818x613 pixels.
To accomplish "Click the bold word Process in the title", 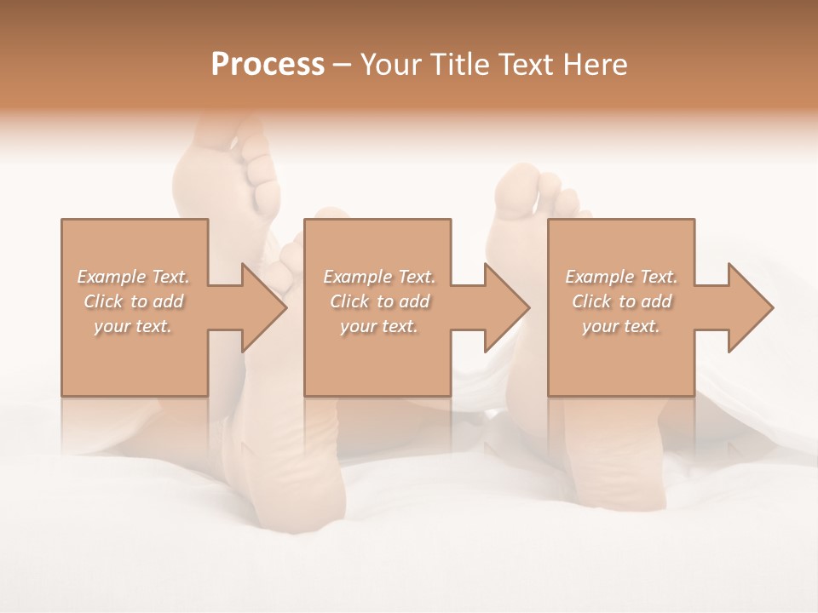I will [268, 65].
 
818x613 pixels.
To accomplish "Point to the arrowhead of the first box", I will [261, 307].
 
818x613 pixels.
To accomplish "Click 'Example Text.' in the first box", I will [134, 277].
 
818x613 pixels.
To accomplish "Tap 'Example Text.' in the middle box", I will [379, 277].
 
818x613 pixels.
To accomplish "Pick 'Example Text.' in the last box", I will [621, 277].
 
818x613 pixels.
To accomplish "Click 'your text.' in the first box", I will [134, 326].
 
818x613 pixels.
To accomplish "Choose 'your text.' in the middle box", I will [379, 326].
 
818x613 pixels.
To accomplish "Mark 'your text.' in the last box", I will [621, 326].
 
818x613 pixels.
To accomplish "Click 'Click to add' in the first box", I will [134, 301].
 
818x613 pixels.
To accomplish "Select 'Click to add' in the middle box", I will [379, 301].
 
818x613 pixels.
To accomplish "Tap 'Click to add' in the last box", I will [621, 301].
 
